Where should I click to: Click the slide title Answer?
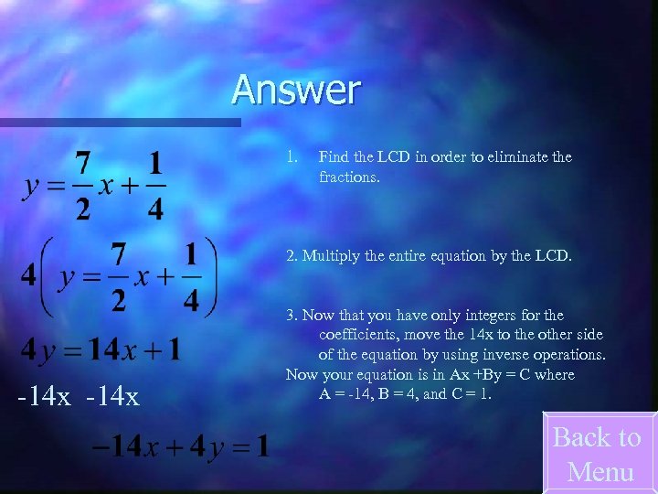pyautogui.click(x=296, y=90)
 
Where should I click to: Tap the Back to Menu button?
pyautogui.click(x=599, y=454)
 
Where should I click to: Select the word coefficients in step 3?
pyautogui.click(x=356, y=335)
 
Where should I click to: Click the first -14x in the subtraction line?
pyautogui.click(x=43, y=397)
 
